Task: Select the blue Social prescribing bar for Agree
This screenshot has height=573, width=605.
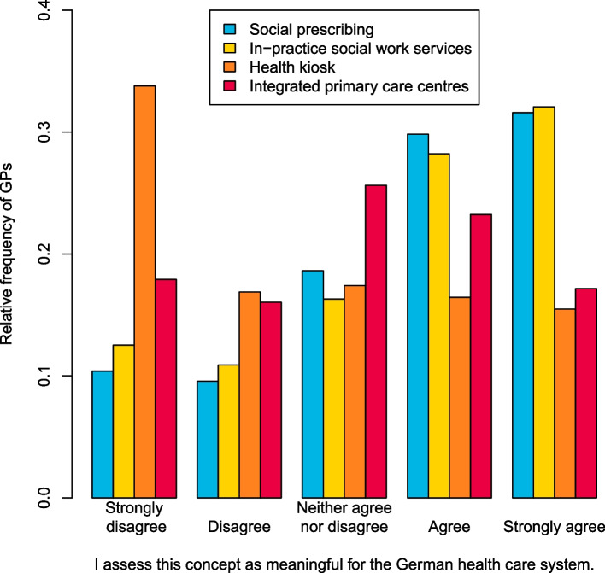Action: (x=417, y=315)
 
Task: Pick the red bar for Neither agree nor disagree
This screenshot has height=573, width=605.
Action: (x=375, y=341)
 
